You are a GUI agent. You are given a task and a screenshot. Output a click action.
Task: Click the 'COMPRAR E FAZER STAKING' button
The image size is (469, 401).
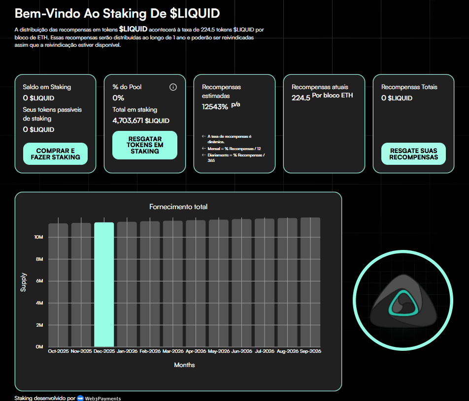pos(55,154)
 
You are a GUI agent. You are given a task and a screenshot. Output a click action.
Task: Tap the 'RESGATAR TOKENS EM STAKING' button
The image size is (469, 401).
pos(145,145)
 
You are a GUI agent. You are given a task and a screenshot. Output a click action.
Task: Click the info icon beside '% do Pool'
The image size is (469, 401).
pos(173,87)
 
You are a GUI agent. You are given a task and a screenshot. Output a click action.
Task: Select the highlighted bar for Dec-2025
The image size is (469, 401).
pos(104,284)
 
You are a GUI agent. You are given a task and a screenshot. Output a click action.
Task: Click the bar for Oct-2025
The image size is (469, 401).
pos(58,285)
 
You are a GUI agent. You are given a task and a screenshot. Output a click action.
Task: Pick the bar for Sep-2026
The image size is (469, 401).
pos(310,282)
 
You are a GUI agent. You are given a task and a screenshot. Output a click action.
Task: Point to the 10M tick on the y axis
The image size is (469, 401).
pos(38,237)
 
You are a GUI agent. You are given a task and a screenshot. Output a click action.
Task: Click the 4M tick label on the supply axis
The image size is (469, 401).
pos(39,303)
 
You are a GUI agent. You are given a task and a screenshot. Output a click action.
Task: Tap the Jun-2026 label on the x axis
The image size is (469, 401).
pos(242,351)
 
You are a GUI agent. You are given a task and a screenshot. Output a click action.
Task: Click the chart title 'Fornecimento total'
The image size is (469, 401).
pos(178,207)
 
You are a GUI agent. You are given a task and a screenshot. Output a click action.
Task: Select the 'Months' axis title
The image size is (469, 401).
pos(184,365)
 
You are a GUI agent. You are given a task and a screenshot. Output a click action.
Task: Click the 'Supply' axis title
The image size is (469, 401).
pos(23,282)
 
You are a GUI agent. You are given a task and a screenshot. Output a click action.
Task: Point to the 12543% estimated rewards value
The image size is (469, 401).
pos(215,107)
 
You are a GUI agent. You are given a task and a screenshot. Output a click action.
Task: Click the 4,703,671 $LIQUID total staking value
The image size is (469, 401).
pos(141,121)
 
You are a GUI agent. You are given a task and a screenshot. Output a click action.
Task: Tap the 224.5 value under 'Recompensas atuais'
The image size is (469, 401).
pos(301,98)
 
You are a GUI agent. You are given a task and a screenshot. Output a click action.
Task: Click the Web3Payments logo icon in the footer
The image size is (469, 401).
pos(80,398)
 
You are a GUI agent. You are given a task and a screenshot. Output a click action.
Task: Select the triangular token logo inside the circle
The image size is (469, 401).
pos(403,301)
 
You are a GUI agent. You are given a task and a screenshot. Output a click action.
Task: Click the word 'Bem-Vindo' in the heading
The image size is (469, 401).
pos(48,13)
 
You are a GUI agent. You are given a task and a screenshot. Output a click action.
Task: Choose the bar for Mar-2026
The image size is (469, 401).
pos(173,283)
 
